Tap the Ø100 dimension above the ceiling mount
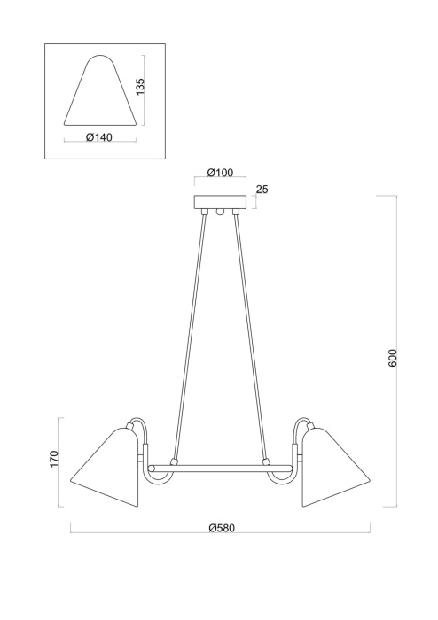[219, 173]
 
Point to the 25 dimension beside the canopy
[261, 190]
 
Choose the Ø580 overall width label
[221, 527]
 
